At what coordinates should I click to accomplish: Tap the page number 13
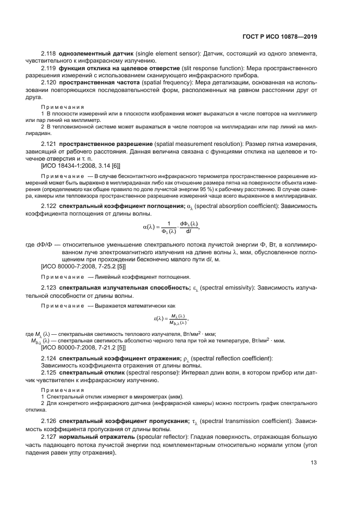(314, 463)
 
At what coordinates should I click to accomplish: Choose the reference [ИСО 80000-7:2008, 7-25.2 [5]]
(83, 267)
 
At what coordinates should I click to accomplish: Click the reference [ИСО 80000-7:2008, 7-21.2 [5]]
(83, 347)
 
